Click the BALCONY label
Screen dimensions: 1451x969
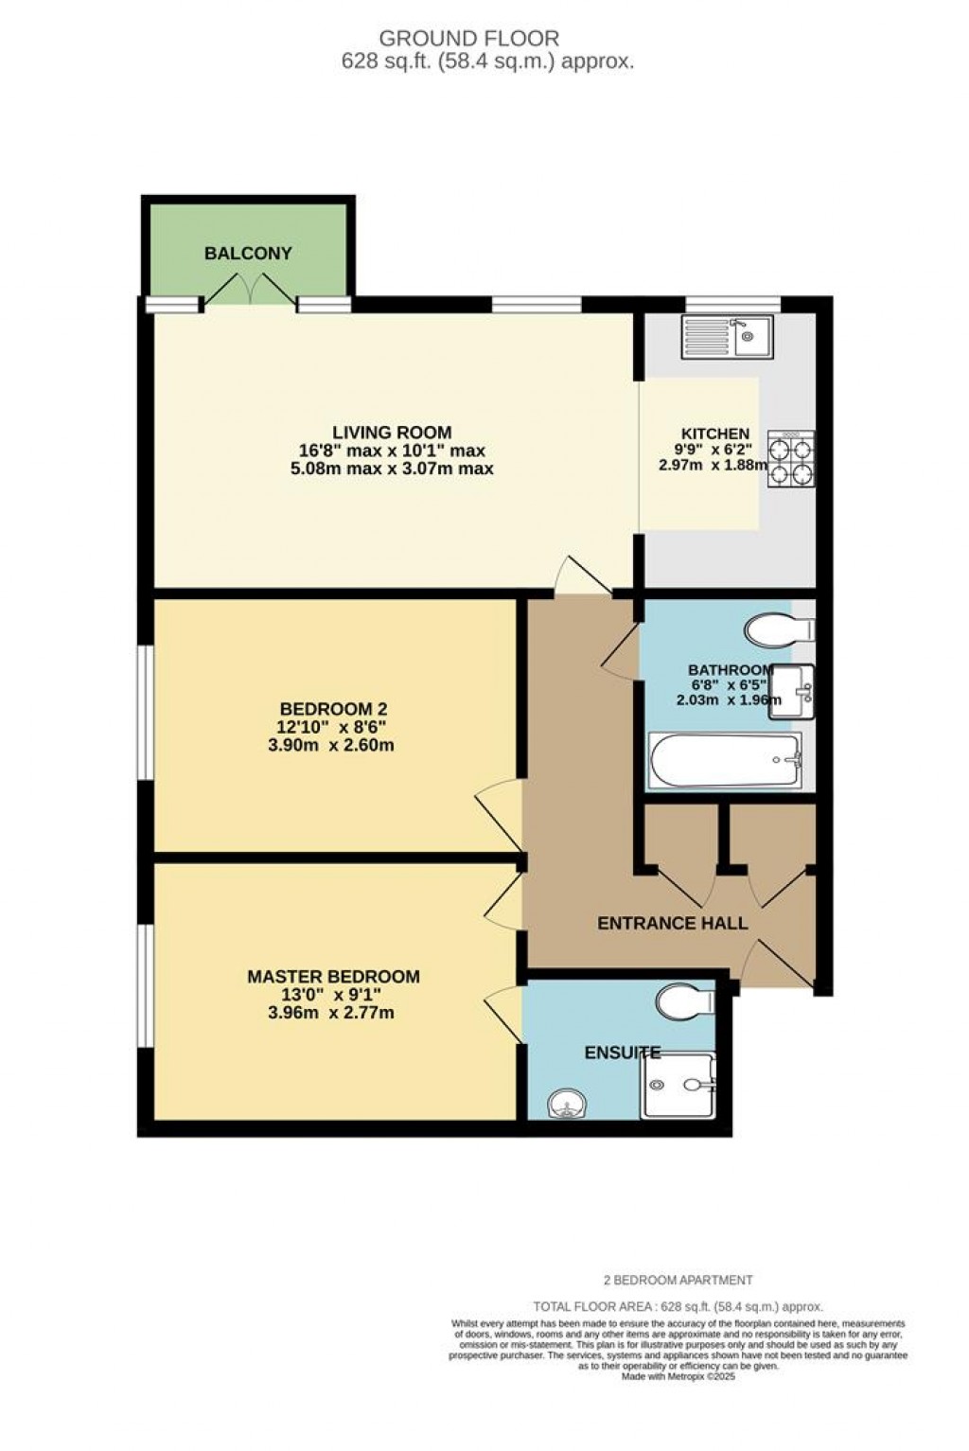pos(248,254)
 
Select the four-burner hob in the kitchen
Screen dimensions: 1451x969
pos(790,458)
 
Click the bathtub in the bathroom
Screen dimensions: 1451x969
pos(724,760)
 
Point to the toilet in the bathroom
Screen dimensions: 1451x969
pos(780,628)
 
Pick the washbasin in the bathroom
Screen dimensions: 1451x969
pos(791,690)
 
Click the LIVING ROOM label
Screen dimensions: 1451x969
pos(392,433)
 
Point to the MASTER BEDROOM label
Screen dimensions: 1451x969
pos(333,977)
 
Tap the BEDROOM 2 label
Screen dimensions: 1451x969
pos(333,709)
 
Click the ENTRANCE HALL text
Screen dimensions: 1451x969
pos(672,923)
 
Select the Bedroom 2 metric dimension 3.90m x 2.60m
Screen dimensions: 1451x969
pos(331,745)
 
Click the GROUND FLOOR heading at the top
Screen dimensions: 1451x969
pos(469,39)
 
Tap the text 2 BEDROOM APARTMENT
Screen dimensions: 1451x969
pos(678,1280)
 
